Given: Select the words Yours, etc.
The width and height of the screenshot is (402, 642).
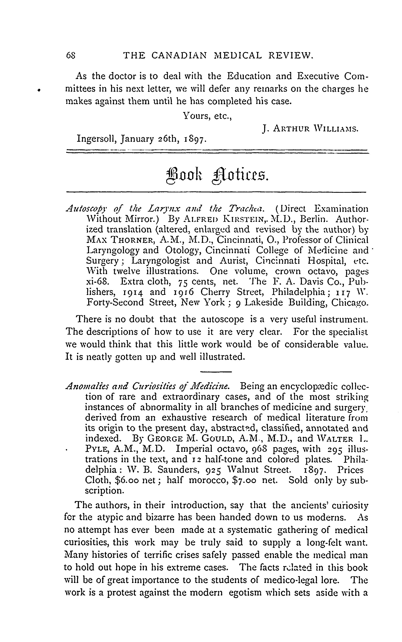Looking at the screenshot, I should point(207,116).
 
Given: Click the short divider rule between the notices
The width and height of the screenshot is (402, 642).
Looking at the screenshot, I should point(216,372).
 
